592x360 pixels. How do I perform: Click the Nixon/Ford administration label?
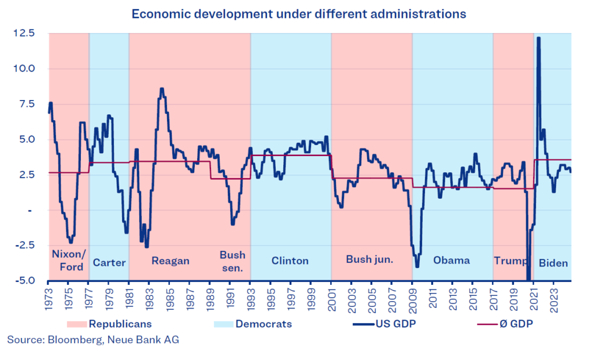68,261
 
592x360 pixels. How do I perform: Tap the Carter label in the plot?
109,263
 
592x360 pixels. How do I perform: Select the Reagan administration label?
171,261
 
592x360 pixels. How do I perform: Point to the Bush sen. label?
232,261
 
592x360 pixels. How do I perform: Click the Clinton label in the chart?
290,261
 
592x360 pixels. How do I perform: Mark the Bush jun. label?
369,259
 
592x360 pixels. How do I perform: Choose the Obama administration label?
452,260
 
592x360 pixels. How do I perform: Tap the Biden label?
553,263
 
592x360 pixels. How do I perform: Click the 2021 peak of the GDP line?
538,38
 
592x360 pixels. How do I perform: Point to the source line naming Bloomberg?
93,340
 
